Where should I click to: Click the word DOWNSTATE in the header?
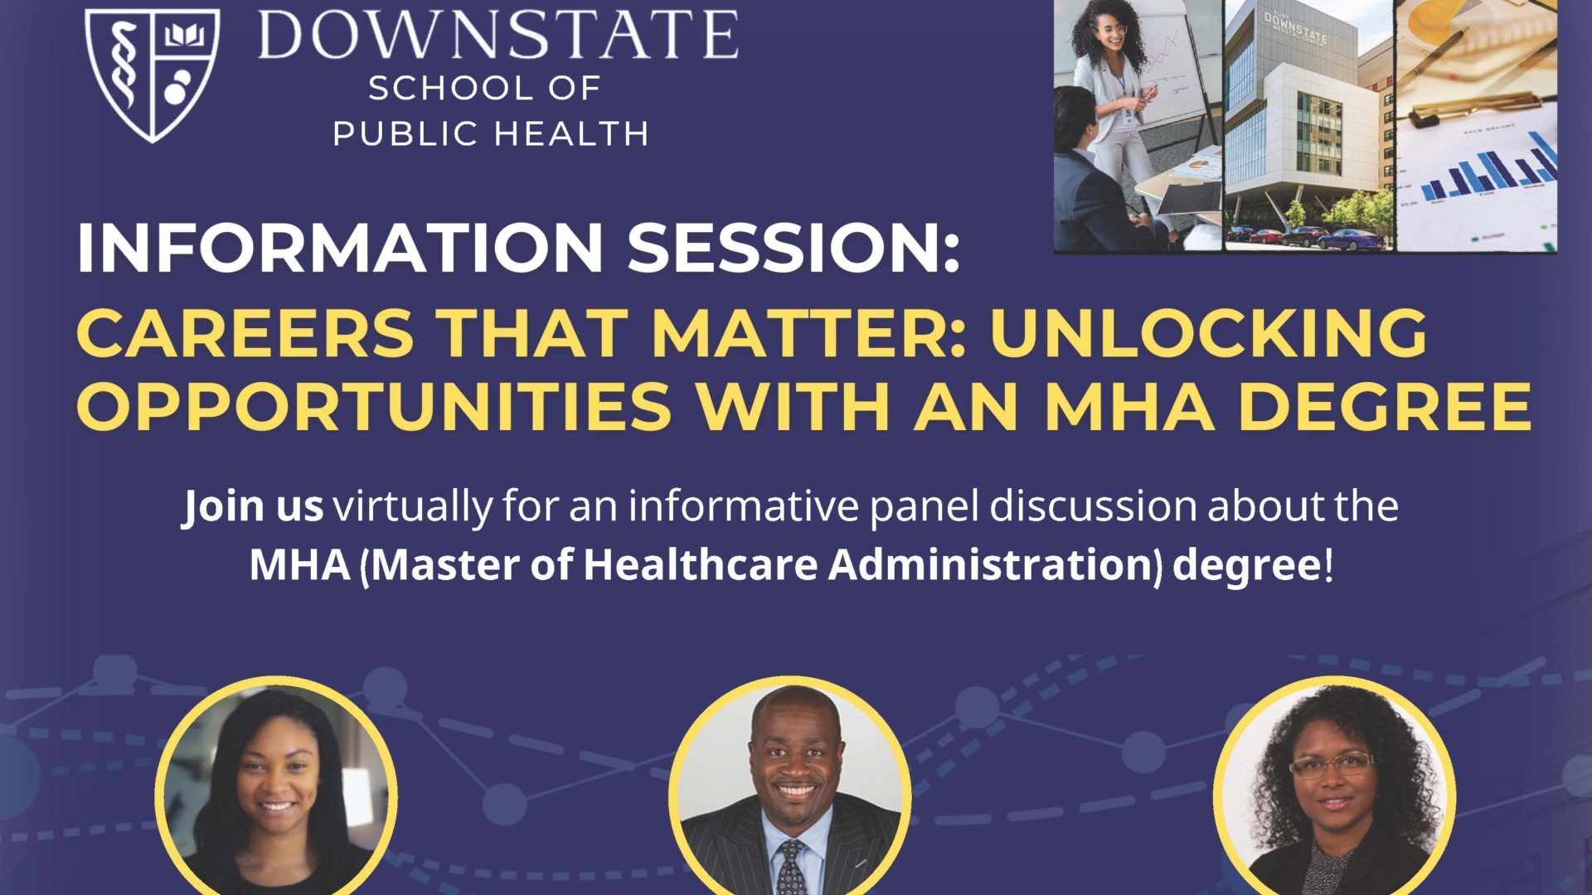coord(498,35)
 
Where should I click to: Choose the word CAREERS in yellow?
coord(245,332)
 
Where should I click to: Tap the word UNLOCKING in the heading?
coord(1208,332)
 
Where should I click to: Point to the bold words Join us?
coord(253,506)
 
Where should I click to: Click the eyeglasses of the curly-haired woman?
coord(1332,765)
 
